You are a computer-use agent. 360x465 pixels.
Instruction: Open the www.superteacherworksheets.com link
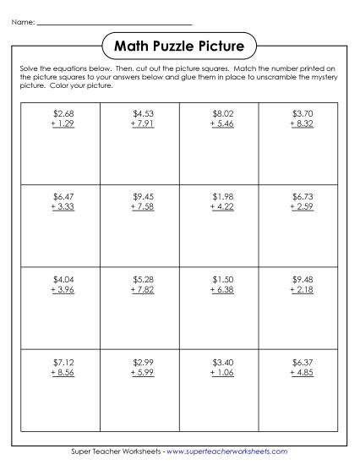tap(226, 452)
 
